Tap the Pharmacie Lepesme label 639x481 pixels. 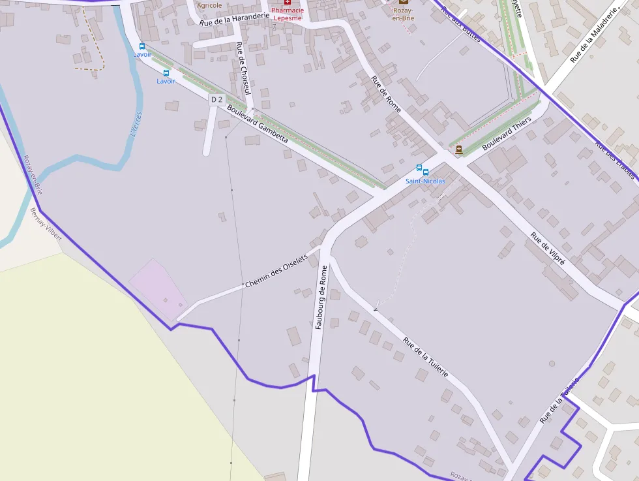pos(288,14)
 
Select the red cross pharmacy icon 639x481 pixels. pos(288,3)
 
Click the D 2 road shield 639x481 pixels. pos(216,100)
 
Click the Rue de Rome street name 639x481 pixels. pos(385,94)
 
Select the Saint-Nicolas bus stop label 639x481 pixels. pos(425,181)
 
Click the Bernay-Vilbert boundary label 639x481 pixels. pos(46,225)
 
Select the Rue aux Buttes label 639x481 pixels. pos(460,24)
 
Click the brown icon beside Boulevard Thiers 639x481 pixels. pos(459,149)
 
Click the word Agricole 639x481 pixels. pos(209,5)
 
